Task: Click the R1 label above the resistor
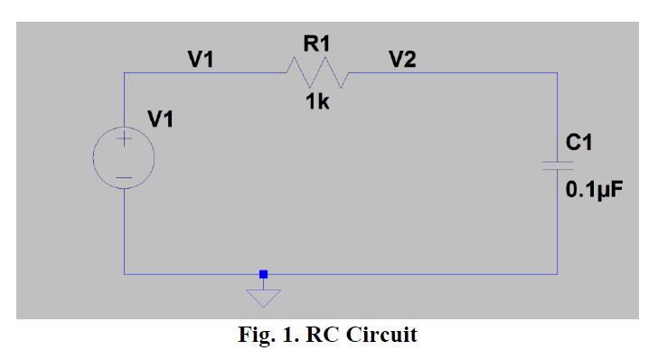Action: click(318, 42)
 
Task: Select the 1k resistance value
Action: click(317, 102)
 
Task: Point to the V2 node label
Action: click(402, 60)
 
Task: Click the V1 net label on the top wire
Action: click(201, 60)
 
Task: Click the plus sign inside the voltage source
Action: click(124, 141)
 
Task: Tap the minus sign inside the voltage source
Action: click(124, 175)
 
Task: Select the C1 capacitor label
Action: click(579, 142)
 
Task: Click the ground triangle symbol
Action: click(263, 297)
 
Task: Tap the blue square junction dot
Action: click(263, 273)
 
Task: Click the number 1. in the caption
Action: click(291, 336)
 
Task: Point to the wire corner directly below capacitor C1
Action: click(558, 273)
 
